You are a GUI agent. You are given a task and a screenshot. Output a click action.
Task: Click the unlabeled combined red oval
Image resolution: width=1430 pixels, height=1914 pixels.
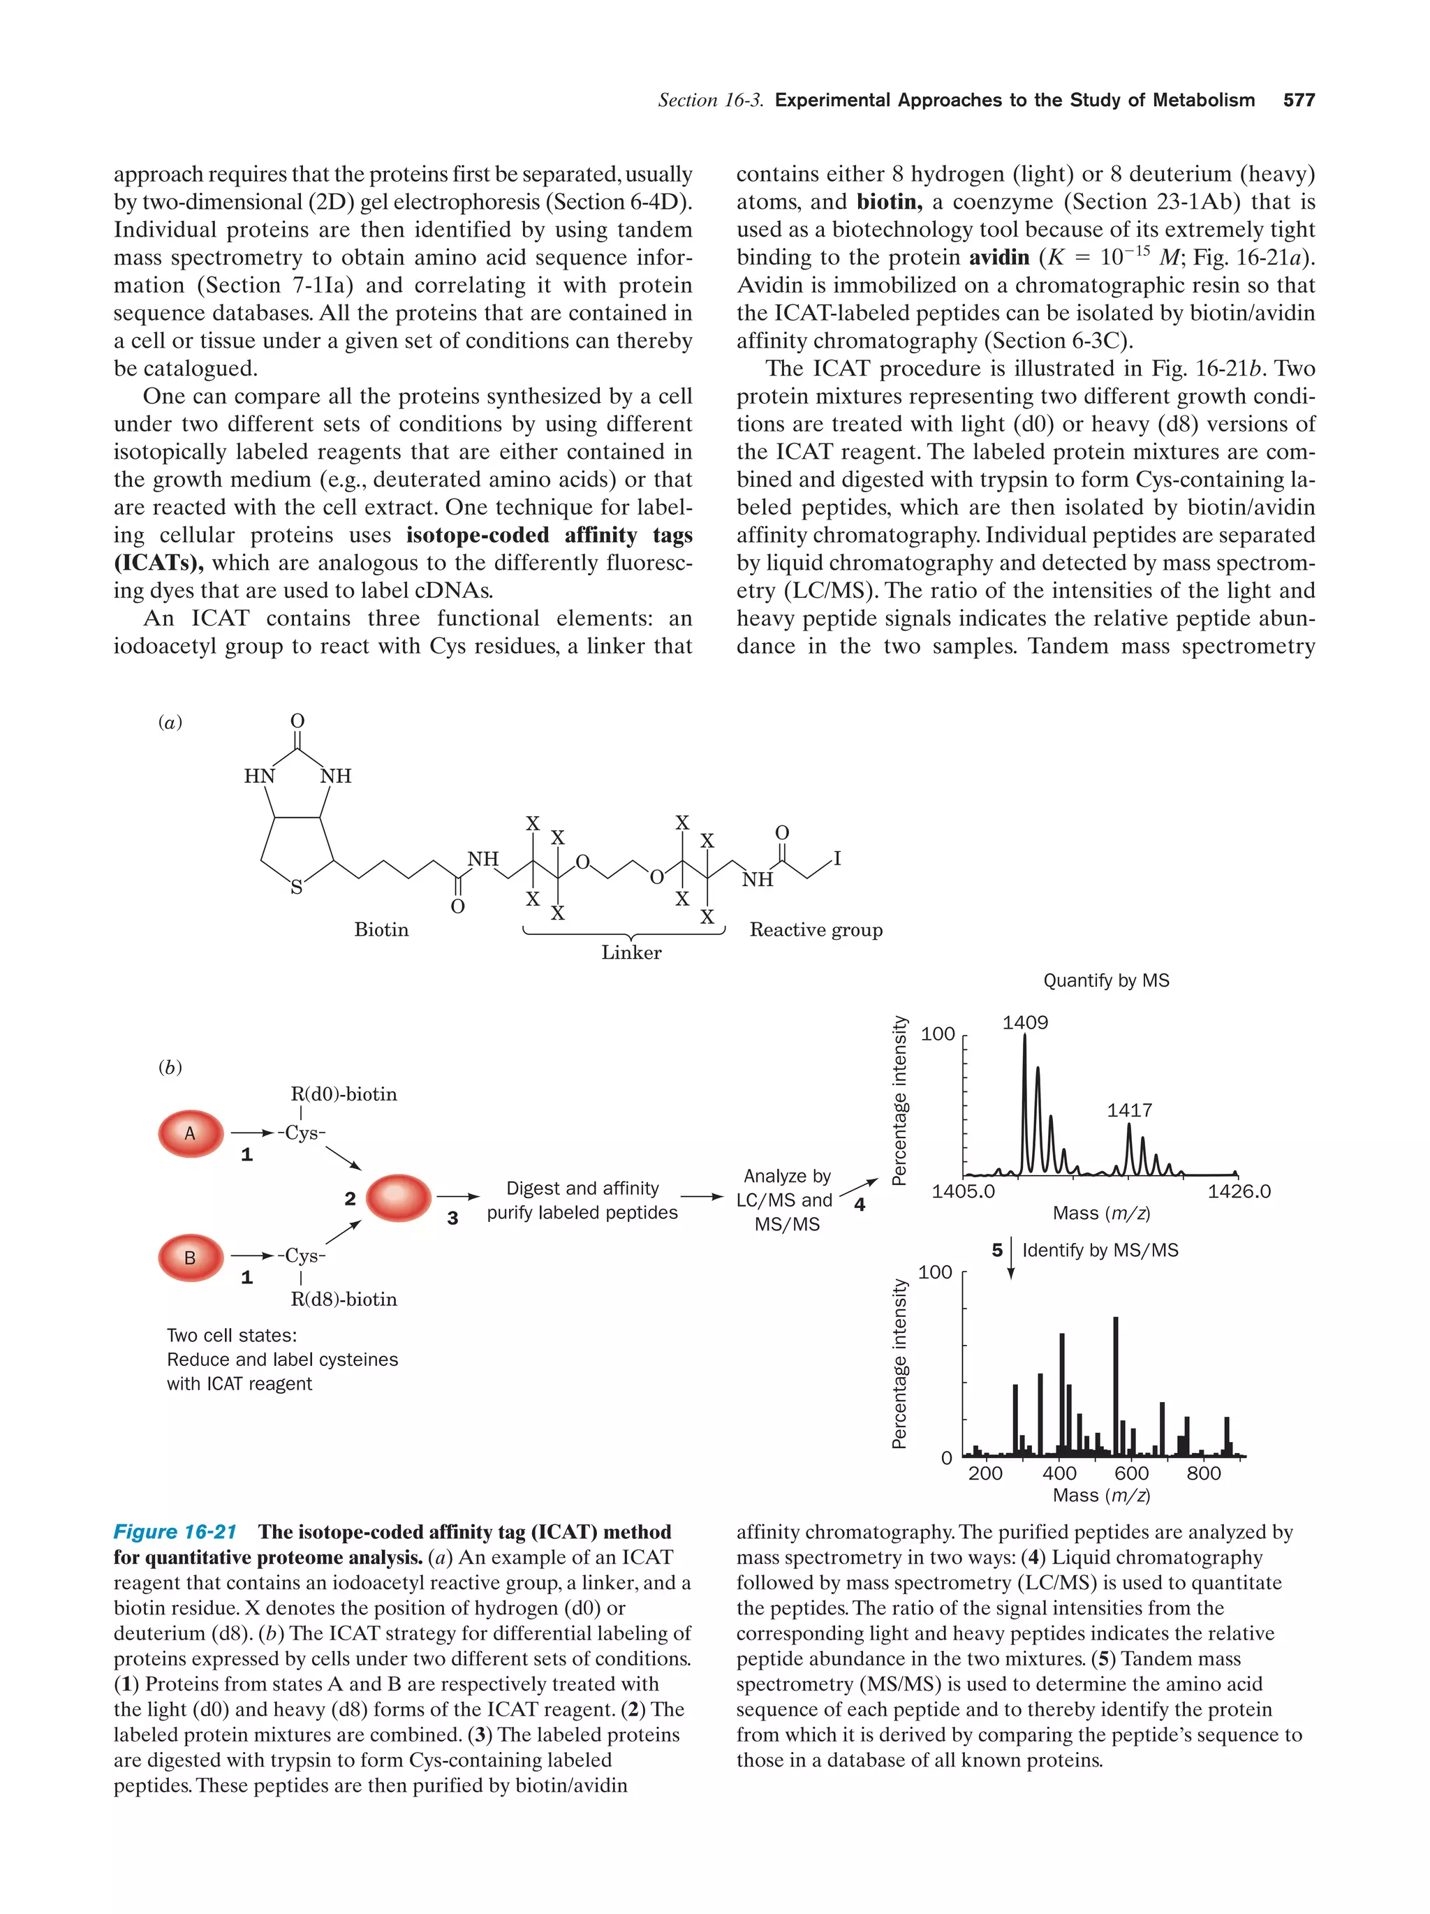[399, 1198]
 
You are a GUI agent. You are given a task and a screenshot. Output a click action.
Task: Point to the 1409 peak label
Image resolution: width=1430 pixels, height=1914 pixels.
[1024, 1023]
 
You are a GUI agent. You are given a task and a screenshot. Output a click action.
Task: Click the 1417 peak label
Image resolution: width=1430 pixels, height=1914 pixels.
[1129, 1110]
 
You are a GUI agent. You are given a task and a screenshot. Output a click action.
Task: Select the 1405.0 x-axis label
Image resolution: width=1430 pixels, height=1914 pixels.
[963, 1191]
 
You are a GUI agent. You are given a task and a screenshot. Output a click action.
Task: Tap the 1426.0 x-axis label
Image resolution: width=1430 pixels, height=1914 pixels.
[1239, 1191]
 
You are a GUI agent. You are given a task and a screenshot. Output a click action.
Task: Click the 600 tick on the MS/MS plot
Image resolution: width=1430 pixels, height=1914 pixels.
[1130, 1473]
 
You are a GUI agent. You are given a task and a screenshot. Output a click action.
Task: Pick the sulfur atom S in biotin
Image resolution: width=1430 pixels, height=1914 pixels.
[296, 888]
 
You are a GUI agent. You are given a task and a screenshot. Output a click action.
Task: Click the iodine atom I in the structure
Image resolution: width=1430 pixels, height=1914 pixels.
[836, 859]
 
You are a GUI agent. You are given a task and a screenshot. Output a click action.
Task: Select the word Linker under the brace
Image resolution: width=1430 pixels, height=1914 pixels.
[631, 952]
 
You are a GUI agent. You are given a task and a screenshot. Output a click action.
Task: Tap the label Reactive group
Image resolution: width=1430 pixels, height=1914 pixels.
[815, 930]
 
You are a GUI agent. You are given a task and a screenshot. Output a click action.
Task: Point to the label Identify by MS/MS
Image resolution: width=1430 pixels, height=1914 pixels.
[1100, 1251]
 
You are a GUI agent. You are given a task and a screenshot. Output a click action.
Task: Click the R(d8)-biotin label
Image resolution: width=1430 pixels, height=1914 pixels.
[344, 1300]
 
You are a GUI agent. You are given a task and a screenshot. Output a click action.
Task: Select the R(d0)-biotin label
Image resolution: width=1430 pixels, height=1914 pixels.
[344, 1095]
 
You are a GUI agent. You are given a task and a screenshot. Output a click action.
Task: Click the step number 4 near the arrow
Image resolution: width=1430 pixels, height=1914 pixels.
[859, 1205]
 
